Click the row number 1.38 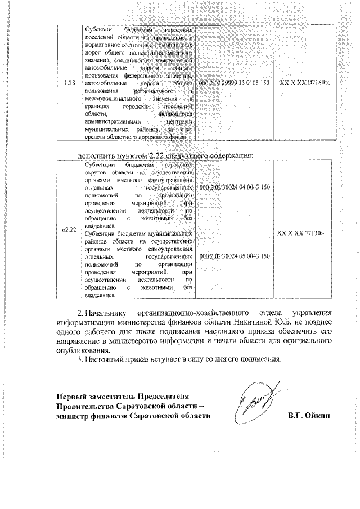[70, 83]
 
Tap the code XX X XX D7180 [304, 83]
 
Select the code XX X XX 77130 [304, 230]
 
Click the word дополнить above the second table [94, 155]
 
